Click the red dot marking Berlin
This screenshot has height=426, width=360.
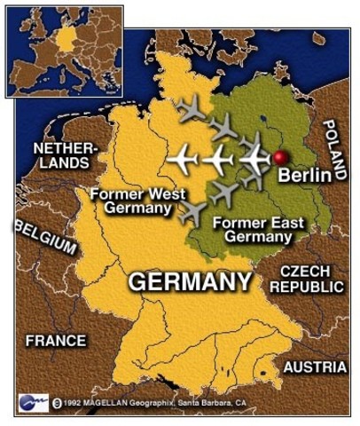click(x=281, y=157)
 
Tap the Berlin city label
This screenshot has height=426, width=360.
click(x=304, y=176)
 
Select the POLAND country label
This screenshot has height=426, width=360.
click(x=334, y=151)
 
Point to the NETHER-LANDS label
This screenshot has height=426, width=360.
click(x=61, y=155)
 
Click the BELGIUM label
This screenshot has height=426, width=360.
click(x=45, y=237)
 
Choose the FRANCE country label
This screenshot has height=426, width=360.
click(x=56, y=340)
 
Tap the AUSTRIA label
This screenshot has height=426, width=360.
click(x=315, y=367)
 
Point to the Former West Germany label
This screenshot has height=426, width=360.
click(x=132, y=201)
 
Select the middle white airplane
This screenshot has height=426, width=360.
click(x=217, y=161)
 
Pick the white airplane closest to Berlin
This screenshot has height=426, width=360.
click(x=254, y=159)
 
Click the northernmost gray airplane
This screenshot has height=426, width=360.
click(x=191, y=110)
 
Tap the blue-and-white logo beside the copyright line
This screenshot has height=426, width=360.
click(x=33, y=402)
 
